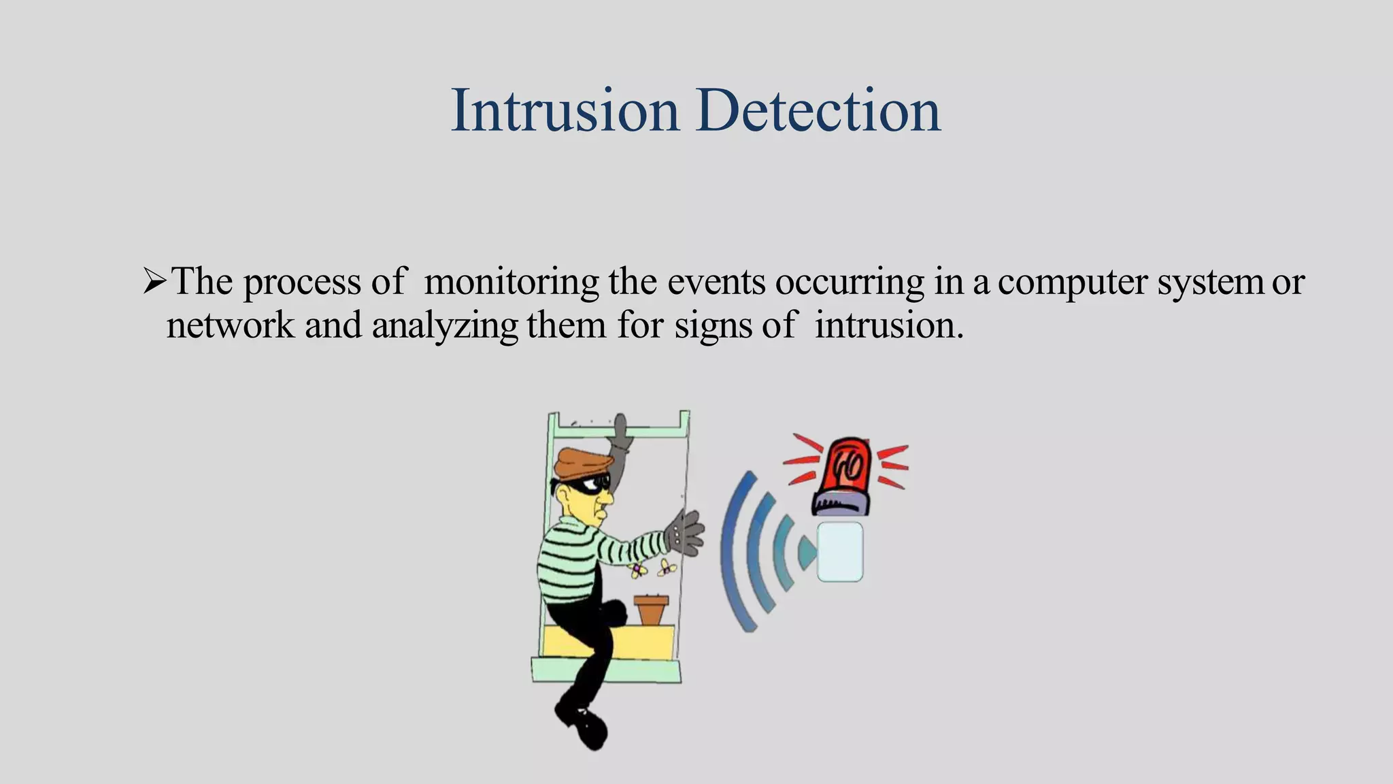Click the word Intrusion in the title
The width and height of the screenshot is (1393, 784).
pos(565,110)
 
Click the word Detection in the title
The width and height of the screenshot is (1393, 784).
pos(818,110)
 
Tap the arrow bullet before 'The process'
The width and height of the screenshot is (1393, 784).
pos(154,281)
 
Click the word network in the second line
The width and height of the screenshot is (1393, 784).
pos(231,325)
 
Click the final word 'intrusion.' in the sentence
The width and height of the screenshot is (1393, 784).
pos(889,325)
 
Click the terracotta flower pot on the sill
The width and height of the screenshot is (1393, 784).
pos(651,609)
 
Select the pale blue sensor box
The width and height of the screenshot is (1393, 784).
pos(840,552)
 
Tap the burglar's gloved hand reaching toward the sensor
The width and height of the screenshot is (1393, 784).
pos(685,532)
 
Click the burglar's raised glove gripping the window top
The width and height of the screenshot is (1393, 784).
pos(622,433)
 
